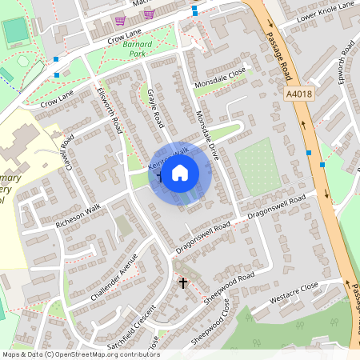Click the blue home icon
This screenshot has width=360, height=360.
pos(180,172)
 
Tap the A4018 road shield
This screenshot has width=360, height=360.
pos(298,94)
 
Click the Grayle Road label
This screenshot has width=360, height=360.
pos(155,108)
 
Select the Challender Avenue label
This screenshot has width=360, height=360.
pos(114,277)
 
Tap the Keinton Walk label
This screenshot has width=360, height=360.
pos(170,154)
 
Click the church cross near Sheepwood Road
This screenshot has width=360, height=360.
pos(182,283)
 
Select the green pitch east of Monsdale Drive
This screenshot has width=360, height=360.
pos(258,166)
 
